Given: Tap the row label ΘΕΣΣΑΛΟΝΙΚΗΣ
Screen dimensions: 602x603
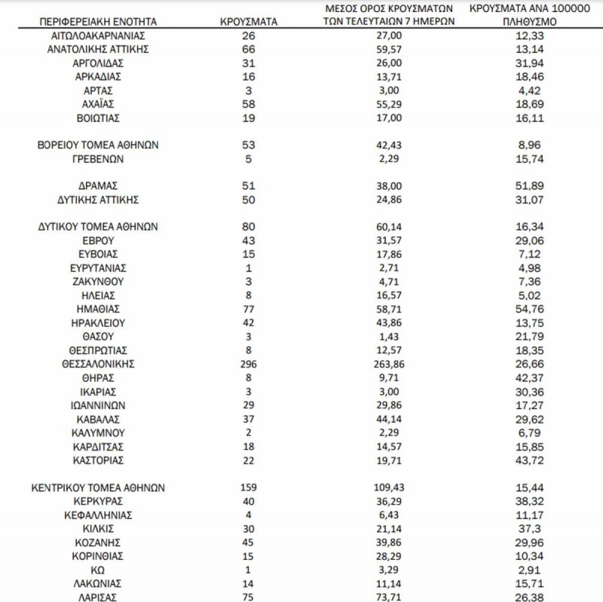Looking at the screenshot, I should point(99,364).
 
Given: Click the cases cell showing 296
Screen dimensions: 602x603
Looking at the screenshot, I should point(250,364).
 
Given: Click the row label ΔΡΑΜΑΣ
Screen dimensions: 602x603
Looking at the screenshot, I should point(99,185).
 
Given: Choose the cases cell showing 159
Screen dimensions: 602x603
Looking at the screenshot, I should point(250,487).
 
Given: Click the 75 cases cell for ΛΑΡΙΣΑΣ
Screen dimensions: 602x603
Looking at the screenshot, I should point(250,597).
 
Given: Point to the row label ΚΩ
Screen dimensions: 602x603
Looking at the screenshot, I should point(99,570).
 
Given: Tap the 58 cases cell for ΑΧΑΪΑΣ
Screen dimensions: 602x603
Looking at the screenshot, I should point(250,104).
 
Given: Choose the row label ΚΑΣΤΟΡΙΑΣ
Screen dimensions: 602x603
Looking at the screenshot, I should point(99,460).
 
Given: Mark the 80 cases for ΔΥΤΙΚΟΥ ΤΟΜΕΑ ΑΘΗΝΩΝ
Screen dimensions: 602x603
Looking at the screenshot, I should point(250,227).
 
